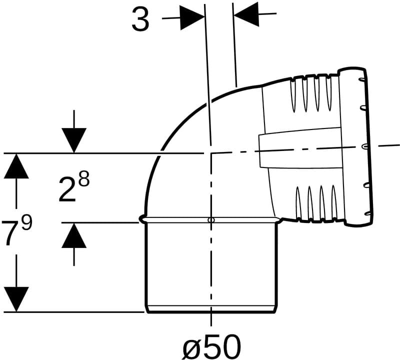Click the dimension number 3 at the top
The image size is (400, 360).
point(140,20)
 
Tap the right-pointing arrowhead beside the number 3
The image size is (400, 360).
point(192,17)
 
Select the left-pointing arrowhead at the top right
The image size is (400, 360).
point(246,14)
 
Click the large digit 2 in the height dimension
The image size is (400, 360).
point(67,189)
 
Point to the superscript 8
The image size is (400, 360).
point(84,178)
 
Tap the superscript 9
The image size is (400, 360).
point(27,222)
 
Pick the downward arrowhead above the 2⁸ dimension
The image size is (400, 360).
point(74,140)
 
